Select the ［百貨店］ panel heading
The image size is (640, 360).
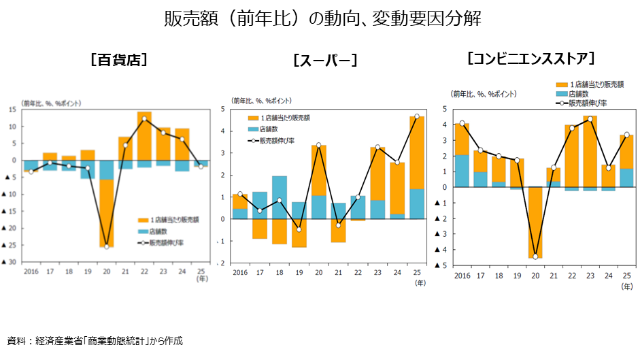pyautogui.click(x=119, y=59)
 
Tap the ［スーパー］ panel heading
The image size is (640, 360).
pyautogui.click(x=324, y=61)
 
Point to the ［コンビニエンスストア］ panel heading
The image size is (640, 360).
pyautogui.click(x=532, y=58)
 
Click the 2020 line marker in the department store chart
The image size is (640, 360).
pyautogui.click(x=107, y=246)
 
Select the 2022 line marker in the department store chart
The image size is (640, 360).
pyautogui.click(x=144, y=119)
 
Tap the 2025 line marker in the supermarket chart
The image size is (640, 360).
pyautogui.click(x=417, y=116)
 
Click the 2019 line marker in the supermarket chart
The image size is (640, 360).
pyautogui.click(x=299, y=229)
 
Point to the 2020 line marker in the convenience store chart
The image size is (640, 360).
pyautogui.click(x=535, y=257)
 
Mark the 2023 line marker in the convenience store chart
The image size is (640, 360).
pyautogui.click(x=590, y=119)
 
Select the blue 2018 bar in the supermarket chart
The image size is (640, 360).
pyautogui.click(x=280, y=197)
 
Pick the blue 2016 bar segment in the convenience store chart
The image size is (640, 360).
pyautogui.click(x=462, y=171)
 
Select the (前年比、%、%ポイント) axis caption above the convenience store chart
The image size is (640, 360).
pyautogui.click(x=484, y=93)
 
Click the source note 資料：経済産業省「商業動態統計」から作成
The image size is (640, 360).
pyautogui.click(x=95, y=340)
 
